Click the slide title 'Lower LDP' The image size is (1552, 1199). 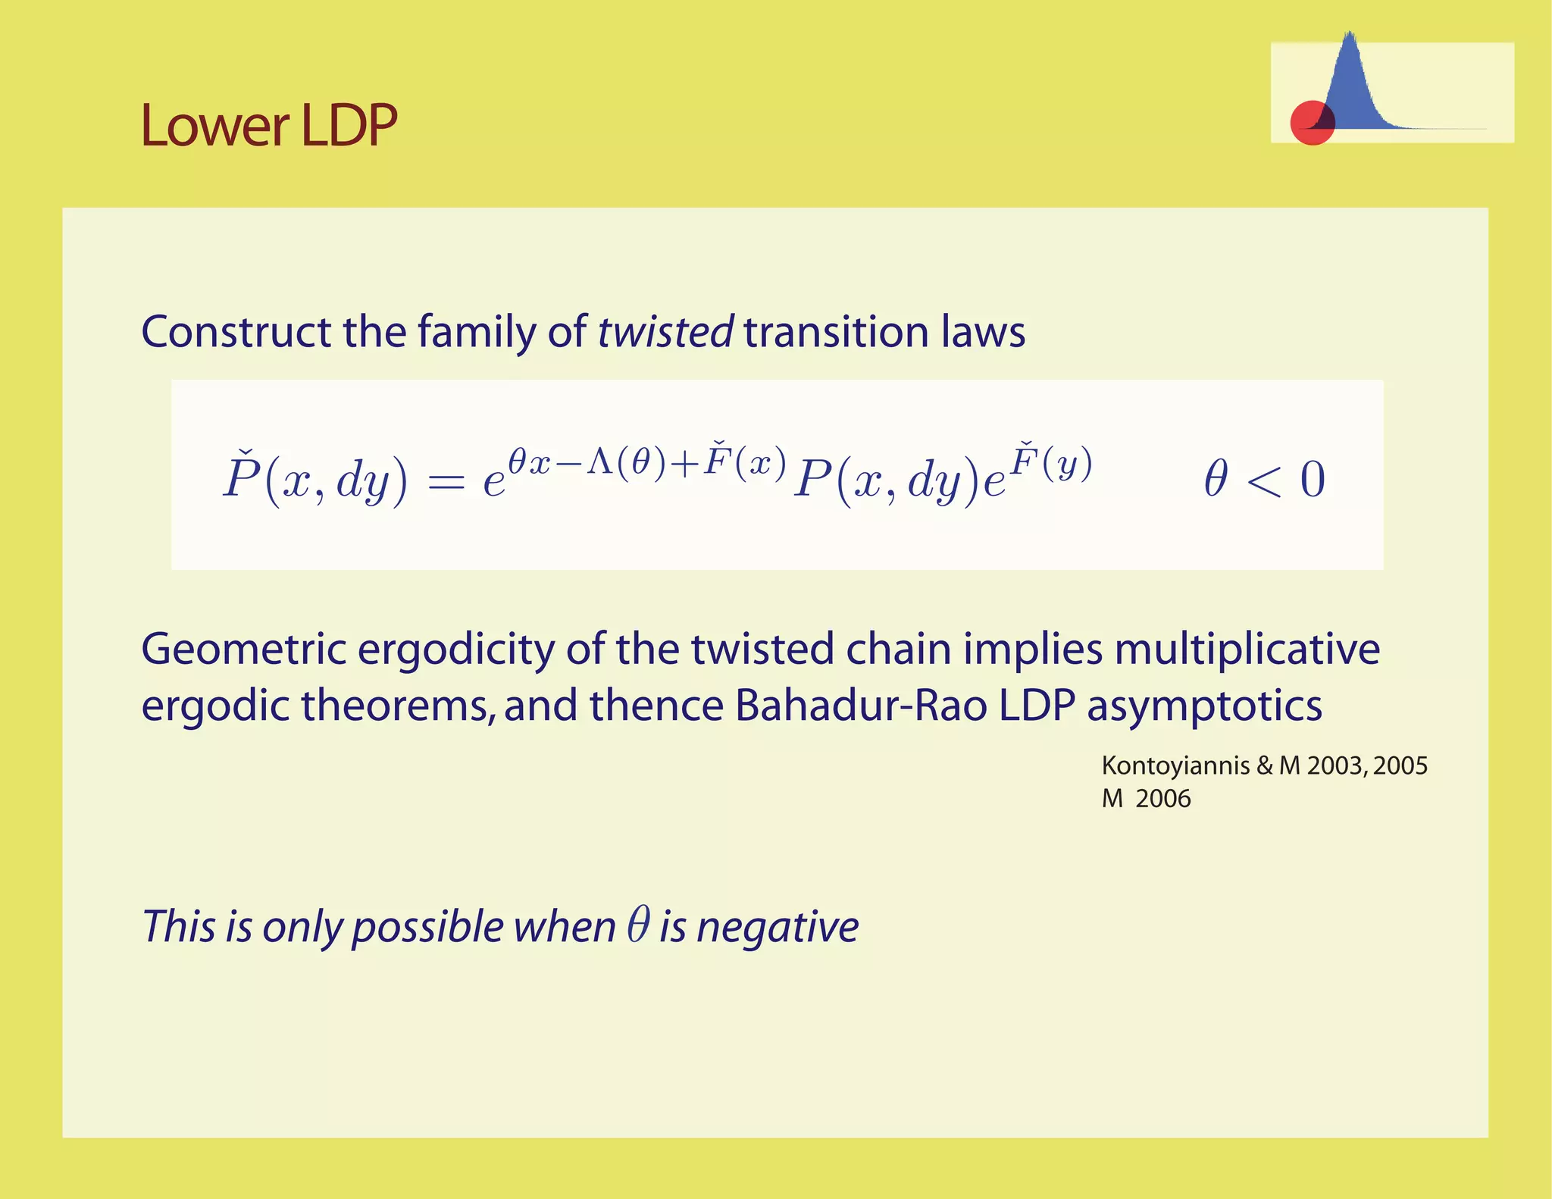(269, 125)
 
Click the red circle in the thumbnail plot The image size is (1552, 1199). (1311, 123)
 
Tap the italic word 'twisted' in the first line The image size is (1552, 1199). (665, 332)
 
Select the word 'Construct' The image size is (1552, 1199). (236, 332)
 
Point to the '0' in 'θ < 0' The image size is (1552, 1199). (1313, 480)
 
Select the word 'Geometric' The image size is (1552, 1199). (242, 650)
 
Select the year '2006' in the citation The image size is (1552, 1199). (1163, 799)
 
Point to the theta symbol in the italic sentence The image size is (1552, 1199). (638, 925)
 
